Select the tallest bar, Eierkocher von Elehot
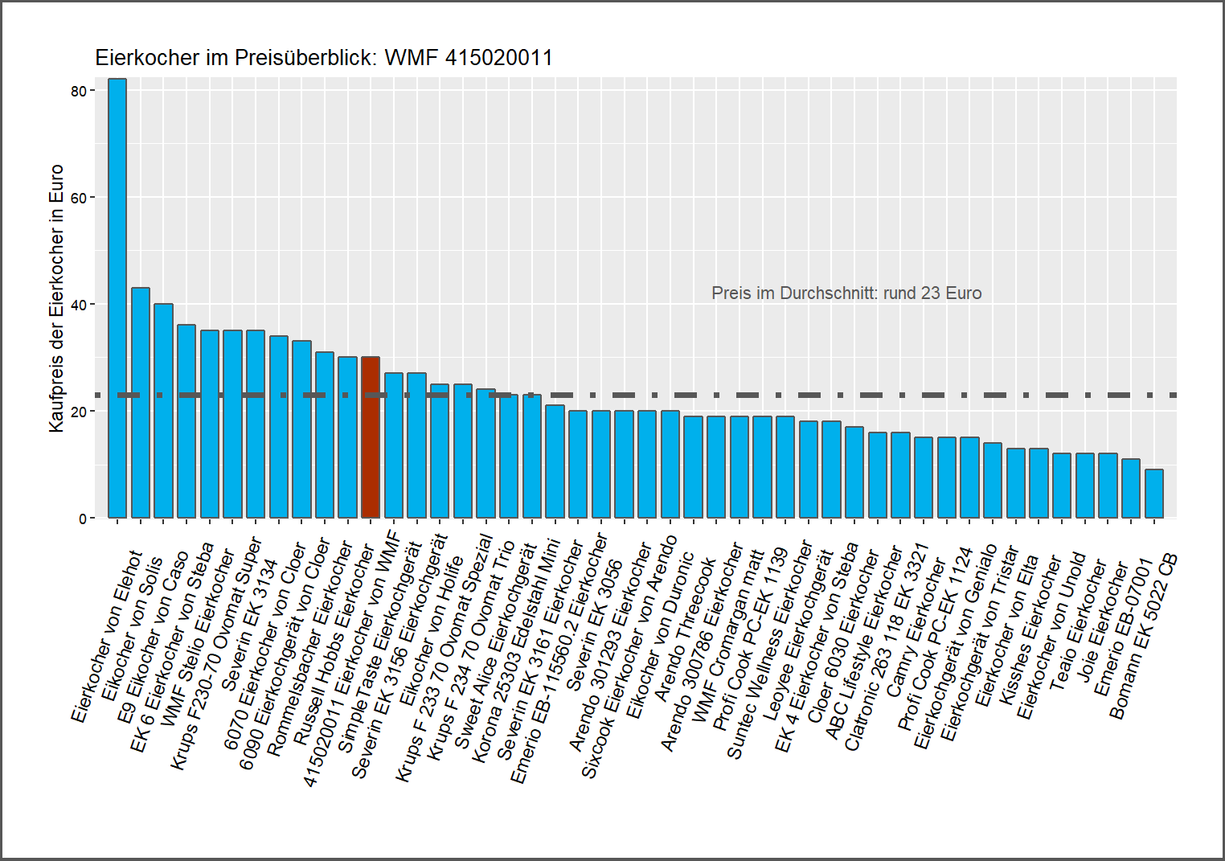pos(117,298)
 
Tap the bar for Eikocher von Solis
pos(141,403)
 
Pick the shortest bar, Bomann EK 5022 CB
pos(1154,494)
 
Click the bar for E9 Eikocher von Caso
pos(163,411)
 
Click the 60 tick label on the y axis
pos(79,198)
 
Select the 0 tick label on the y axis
pos(83,519)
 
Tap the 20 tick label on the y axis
pos(79,412)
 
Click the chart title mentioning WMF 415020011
pos(324,58)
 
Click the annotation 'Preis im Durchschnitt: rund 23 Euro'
pos(846,293)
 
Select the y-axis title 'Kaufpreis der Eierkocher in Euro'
pos(56,298)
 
